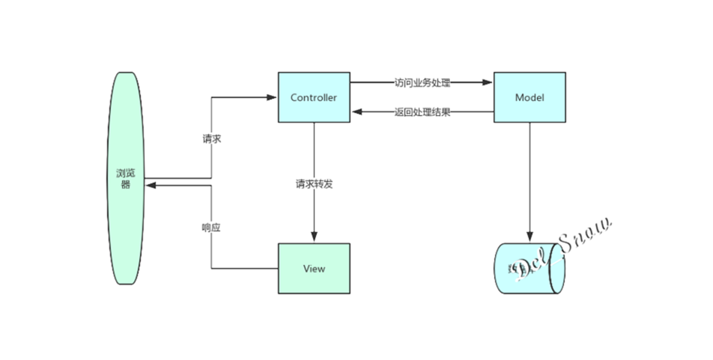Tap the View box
point(314,268)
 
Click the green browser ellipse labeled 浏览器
point(124,178)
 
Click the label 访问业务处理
point(422,82)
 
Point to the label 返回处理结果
point(422,113)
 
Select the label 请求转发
point(314,183)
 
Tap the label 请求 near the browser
point(211,139)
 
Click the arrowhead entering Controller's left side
point(273,97)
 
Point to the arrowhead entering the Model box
point(488,82)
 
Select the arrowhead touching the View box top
point(314,238)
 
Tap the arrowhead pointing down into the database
point(530,238)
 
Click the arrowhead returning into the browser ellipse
point(150,186)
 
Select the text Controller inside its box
point(314,98)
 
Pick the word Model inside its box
point(530,98)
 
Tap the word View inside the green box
point(314,269)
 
